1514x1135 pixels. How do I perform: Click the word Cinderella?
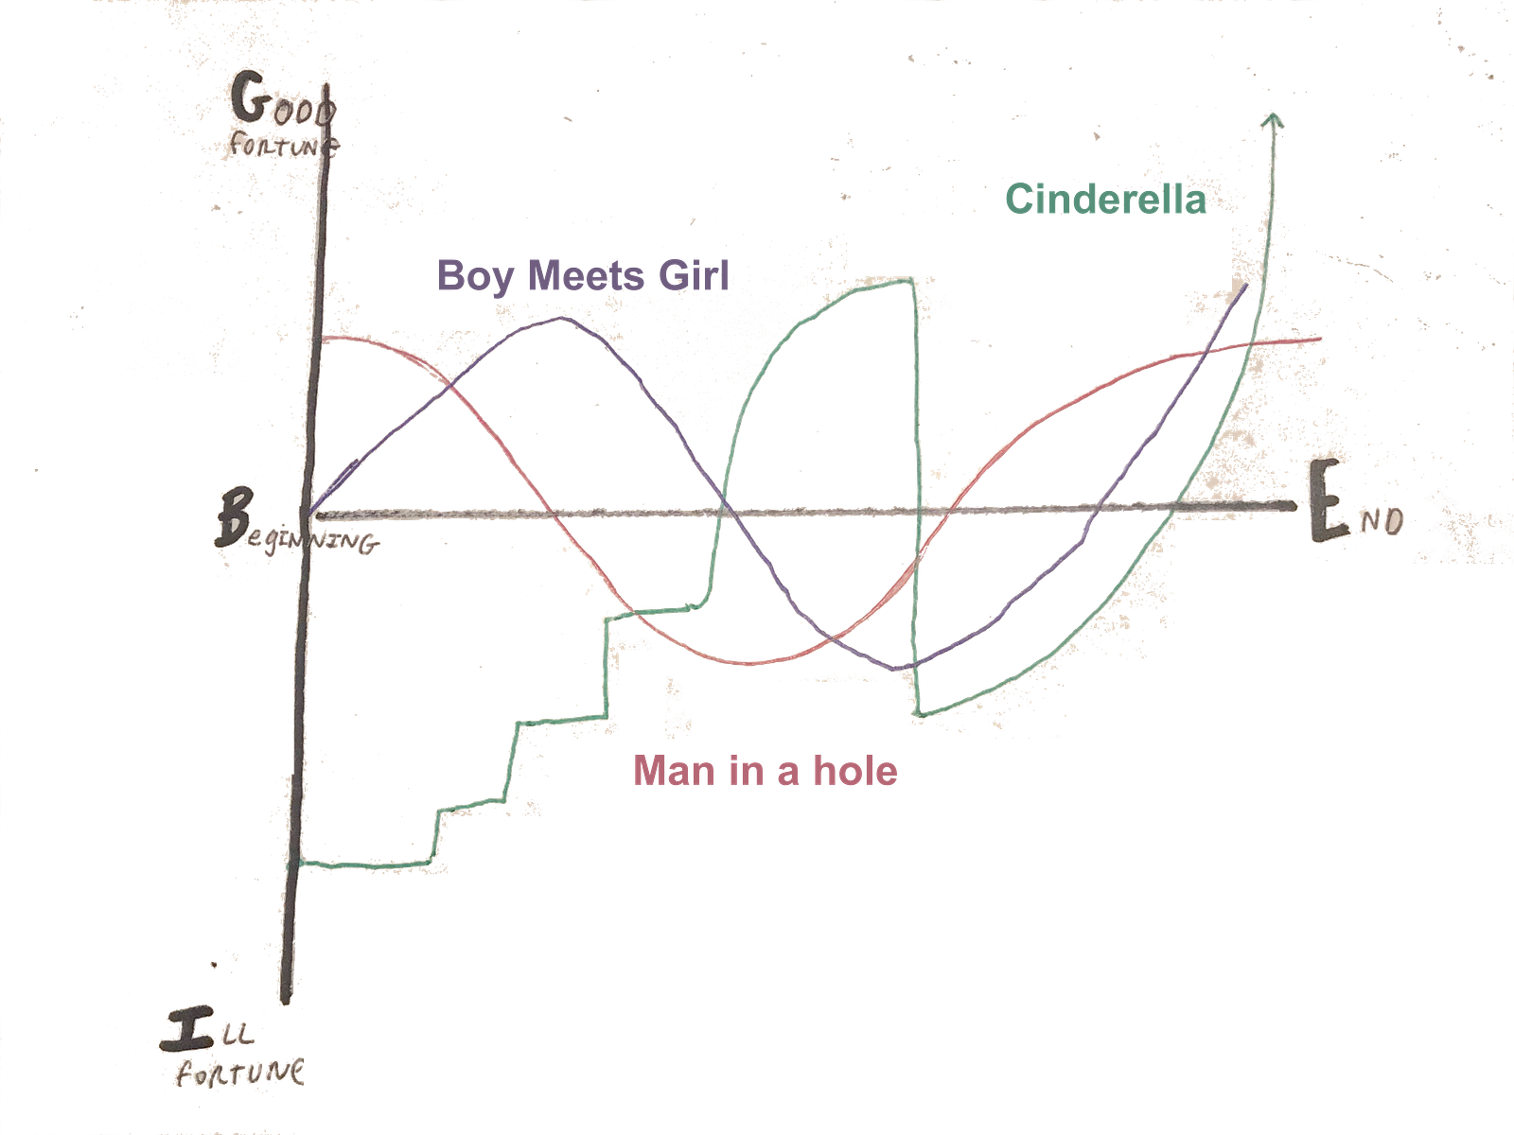click(1104, 200)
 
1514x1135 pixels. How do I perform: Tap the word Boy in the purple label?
click(475, 276)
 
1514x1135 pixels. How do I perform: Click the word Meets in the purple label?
click(586, 275)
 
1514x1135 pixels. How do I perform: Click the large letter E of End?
click(1329, 510)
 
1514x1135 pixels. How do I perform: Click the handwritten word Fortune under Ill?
click(241, 1074)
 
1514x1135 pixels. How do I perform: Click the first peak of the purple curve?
click(558, 318)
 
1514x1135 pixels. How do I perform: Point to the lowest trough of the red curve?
click(748, 661)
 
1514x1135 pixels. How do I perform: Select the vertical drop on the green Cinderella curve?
click(914, 492)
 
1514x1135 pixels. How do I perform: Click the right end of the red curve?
click(1320, 339)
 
